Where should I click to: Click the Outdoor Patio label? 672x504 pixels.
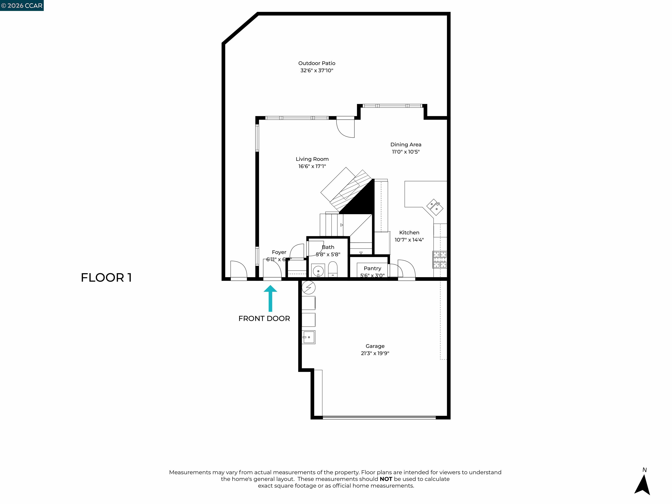(317, 63)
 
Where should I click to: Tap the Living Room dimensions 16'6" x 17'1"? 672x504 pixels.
(312, 166)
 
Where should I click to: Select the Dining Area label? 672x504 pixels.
(406, 145)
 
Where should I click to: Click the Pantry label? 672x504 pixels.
(372, 268)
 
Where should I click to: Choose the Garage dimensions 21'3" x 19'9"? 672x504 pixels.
(375, 353)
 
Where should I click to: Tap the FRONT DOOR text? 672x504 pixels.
(264, 318)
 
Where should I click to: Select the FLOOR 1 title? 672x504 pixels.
(106, 277)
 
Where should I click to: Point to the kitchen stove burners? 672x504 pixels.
(440, 259)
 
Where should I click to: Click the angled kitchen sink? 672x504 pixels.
(435, 207)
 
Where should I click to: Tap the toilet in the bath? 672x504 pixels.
(333, 269)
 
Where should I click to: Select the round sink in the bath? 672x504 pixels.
(318, 270)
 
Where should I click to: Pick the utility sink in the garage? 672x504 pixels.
(309, 337)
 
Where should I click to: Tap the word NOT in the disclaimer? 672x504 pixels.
(386, 479)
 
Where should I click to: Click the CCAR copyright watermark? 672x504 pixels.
(22, 5)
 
